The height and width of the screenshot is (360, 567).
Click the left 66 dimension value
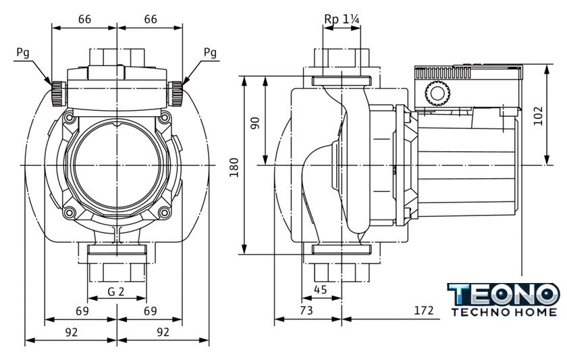tap(84, 20)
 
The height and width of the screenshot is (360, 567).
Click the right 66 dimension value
tap(150, 20)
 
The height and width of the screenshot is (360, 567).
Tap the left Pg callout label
tap(25, 52)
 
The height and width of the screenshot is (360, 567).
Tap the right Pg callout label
tap(210, 52)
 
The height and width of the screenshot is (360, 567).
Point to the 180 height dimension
tap(234, 166)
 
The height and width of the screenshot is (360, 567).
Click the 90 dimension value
tap(255, 123)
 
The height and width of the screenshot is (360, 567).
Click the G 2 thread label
tap(116, 292)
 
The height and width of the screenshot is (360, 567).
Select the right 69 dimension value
tap(150, 311)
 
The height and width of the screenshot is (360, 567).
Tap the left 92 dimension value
tap(71, 332)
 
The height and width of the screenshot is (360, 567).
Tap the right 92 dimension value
tap(162, 332)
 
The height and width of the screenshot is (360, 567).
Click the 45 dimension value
tap(321, 290)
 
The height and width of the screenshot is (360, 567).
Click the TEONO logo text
tap(504, 294)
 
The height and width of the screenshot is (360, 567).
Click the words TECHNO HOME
tap(504, 313)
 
